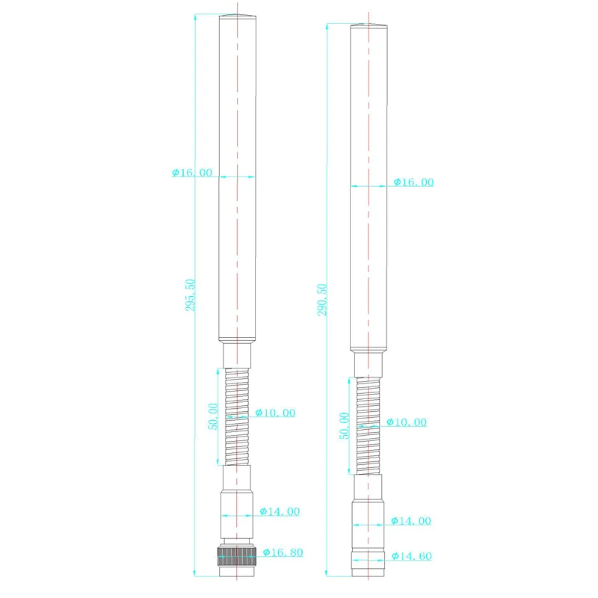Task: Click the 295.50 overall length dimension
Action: click(x=190, y=295)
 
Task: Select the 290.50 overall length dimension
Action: click(x=322, y=300)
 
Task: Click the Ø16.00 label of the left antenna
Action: click(x=192, y=172)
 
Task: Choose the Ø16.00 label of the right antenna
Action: click(x=413, y=182)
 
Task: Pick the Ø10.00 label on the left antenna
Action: click(x=275, y=413)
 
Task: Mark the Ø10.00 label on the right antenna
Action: click(x=407, y=422)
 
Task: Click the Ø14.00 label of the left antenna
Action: click(x=280, y=512)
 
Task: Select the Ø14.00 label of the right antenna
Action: click(x=410, y=521)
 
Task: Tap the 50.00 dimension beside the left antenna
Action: click(x=213, y=416)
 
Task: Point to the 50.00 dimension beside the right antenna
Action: click(x=345, y=425)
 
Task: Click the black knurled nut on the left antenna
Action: click(x=236, y=554)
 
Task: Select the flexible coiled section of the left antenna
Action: click(x=236, y=415)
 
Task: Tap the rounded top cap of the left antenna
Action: click(x=236, y=16)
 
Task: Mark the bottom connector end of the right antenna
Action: click(x=369, y=566)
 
